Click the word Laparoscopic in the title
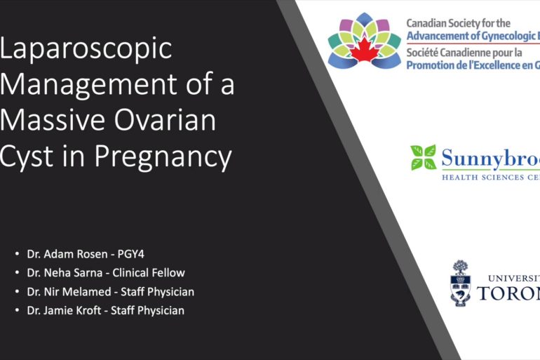pos(86,48)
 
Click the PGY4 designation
pos(130,253)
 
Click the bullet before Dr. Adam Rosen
pos(17,254)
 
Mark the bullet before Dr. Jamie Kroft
pos(17,311)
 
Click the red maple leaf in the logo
pos(364,51)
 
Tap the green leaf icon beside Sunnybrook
pos(423,158)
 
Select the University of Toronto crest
pos(460,283)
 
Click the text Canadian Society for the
pos(460,23)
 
